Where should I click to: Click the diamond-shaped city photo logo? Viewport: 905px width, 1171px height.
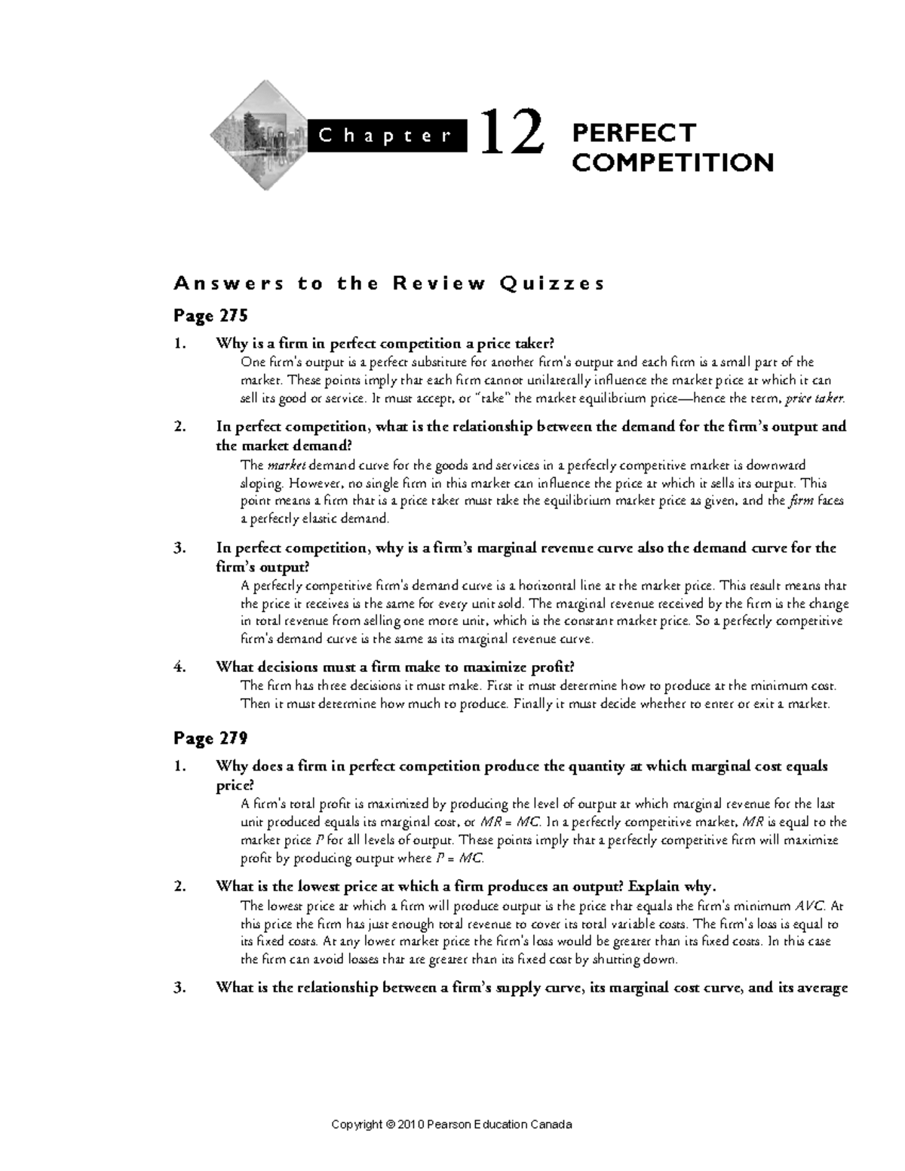(x=256, y=136)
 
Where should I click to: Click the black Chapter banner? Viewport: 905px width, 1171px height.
(x=385, y=136)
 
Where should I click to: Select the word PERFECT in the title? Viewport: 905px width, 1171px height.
(x=633, y=133)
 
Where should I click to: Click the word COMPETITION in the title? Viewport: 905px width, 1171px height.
(x=673, y=162)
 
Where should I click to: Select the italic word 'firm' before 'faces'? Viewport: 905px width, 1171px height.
(x=800, y=501)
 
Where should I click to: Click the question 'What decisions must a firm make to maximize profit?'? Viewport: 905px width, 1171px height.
(x=395, y=667)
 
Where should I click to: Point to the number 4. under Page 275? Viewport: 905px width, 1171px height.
(x=179, y=667)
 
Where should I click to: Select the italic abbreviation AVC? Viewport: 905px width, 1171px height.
(x=811, y=906)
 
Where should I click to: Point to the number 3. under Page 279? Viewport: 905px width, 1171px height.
(x=179, y=989)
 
